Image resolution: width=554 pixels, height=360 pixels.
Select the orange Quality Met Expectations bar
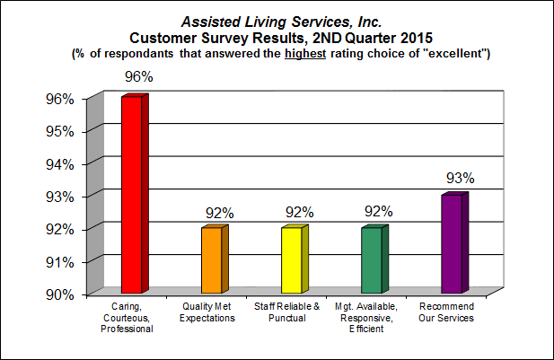pos(211,259)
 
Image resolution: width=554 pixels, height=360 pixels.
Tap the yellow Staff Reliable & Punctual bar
pos(291,259)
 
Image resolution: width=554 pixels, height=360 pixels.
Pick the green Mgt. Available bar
pos(371,259)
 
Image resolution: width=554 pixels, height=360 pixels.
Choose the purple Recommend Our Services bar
pos(451,243)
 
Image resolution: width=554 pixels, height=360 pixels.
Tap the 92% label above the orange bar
pos(219,212)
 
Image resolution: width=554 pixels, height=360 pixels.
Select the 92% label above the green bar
pos(379,212)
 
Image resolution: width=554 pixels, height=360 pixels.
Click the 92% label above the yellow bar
pos(299,212)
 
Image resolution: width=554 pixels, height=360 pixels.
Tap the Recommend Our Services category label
pos(447,313)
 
